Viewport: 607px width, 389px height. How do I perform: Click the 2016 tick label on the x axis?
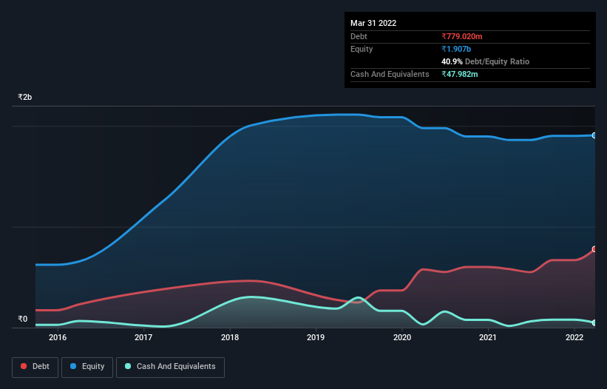58,337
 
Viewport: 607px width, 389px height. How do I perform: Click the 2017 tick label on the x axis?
143,337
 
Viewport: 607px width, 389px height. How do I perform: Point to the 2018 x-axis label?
230,337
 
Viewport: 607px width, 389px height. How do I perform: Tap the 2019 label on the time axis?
316,337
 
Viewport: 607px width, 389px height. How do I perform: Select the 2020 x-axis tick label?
402,337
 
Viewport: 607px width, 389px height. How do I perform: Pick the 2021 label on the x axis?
488,337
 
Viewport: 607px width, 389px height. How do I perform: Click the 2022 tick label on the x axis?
574,337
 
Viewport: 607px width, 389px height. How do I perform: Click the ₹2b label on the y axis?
25,98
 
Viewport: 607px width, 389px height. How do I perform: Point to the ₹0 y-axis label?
23,319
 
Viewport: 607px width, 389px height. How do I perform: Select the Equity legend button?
87,367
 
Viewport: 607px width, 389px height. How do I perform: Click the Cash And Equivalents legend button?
170,367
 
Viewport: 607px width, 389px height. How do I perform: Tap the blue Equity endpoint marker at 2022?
594,135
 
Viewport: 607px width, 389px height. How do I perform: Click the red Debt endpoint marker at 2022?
594,249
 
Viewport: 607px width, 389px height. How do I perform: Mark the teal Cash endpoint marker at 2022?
594,322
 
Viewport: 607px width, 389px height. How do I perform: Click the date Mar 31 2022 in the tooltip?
373,23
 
